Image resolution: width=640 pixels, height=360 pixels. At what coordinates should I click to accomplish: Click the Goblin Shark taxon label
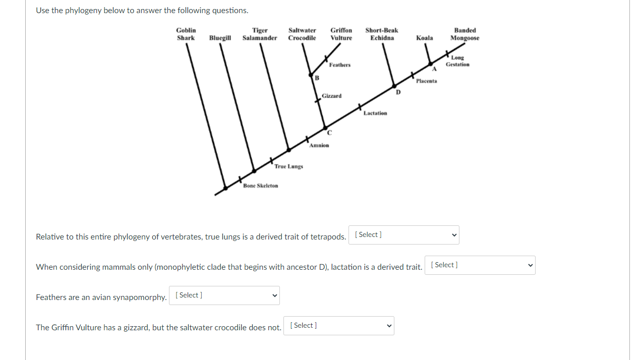click(186, 34)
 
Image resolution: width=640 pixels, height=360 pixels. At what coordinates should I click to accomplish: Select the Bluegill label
click(220, 38)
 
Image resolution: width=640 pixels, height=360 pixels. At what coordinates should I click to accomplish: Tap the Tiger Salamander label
click(260, 34)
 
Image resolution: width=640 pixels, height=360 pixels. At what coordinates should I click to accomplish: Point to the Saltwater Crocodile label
click(302, 34)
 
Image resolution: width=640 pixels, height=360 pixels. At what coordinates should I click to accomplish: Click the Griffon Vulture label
click(341, 34)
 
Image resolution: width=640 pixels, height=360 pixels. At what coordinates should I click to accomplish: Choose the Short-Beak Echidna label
click(382, 34)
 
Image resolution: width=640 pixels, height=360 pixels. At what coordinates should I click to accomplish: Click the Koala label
click(424, 38)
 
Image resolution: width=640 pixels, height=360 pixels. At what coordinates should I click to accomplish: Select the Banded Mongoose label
click(464, 34)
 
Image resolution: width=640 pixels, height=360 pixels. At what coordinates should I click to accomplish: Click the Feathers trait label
click(339, 65)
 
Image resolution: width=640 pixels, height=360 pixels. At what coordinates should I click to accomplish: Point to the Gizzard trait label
click(331, 96)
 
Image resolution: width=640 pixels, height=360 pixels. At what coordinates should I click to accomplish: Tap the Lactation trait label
click(375, 113)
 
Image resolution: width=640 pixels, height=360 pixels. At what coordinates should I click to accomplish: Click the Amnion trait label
click(319, 146)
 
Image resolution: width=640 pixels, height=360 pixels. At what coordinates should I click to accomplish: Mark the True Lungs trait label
click(288, 166)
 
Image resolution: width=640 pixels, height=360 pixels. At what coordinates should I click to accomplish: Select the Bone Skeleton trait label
click(260, 186)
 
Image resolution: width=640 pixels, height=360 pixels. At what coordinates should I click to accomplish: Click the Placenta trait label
click(427, 81)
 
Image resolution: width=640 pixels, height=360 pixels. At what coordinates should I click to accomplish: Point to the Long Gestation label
click(457, 61)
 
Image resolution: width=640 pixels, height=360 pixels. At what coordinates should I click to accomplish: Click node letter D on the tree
click(398, 92)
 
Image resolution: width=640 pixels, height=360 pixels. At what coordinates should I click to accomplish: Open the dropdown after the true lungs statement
click(403, 235)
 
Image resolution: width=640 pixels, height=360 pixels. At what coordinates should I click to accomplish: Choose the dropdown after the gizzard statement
click(338, 326)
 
